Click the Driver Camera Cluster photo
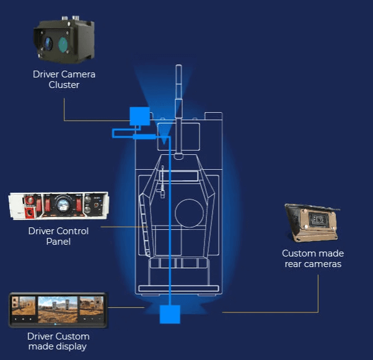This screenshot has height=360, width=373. tap(64, 41)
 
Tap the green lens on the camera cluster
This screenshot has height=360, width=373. tap(64, 45)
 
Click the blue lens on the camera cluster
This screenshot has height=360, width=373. tap(48, 43)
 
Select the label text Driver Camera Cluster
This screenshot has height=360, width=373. tap(64, 79)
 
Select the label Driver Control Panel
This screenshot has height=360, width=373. tap(58, 236)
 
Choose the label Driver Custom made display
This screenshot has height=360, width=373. tap(58, 341)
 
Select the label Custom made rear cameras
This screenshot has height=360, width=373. tap(313, 259)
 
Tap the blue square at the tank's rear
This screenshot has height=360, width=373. tap(169, 314)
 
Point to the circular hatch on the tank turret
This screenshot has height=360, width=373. tap(189, 213)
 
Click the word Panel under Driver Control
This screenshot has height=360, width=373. tap(58, 242)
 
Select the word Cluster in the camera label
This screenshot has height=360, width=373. tap(64, 85)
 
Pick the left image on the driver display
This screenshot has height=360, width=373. tap(24, 308)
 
